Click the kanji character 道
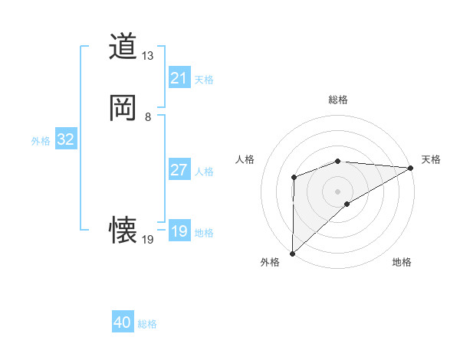[123, 47]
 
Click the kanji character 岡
[123, 108]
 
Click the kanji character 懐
[123, 229]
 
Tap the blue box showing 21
[179, 78]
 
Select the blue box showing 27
[179, 170]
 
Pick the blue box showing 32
[65, 139]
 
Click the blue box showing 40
[123, 322]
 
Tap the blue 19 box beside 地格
[179, 231]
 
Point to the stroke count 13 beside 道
[148, 56]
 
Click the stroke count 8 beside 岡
[148, 117]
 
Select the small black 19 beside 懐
[148, 239]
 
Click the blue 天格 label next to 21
[204, 80]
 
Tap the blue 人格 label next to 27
[204, 172]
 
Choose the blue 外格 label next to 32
[41, 141]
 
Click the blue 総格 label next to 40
[148, 324]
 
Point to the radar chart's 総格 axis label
[337, 100]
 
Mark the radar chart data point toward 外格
[292, 253]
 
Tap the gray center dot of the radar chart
[337, 191]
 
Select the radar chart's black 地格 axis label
[402, 262]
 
